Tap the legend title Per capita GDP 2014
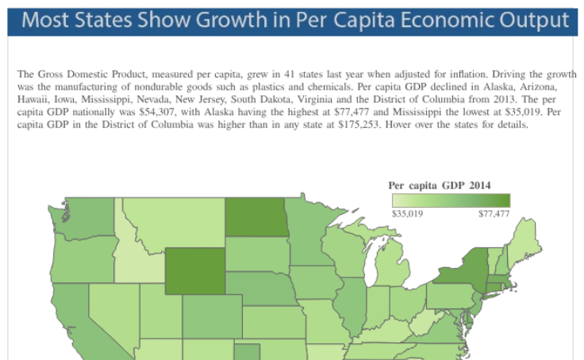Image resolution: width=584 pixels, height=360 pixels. (439, 185)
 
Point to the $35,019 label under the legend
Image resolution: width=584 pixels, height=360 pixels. (408, 213)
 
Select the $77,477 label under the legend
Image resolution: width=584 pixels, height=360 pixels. (494, 213)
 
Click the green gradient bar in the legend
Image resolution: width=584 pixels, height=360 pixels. (451, 201)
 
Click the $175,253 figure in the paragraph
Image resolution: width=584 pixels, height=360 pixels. (359, 124)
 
